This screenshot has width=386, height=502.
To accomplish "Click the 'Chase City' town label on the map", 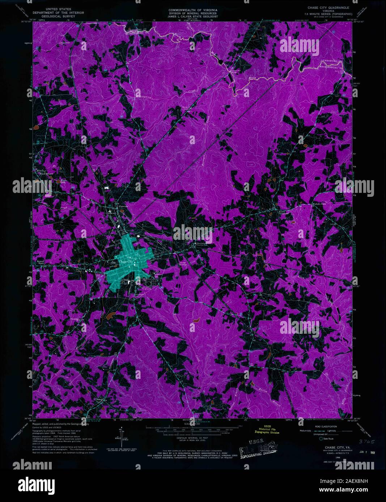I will click(x=126, y=261).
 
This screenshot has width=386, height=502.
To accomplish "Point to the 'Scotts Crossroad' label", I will click(x=283, y=212).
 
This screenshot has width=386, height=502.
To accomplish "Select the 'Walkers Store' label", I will click(x=319, y=204).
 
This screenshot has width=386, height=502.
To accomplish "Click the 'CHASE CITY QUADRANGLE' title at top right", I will click(x=328, y=7).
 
